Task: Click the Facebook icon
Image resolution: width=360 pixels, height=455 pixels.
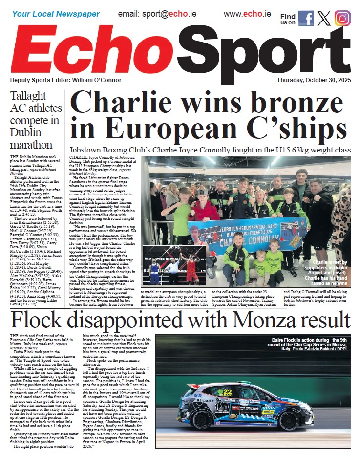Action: pyautogui.click(x=306, y=18)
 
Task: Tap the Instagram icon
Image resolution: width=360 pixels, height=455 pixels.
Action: pyautogui.click(x=342, y=18)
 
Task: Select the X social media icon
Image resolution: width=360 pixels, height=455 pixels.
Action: pyautogui.click(x=324, y=18)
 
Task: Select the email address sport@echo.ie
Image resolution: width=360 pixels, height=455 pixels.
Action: pyautogui.click(x=157, y=13)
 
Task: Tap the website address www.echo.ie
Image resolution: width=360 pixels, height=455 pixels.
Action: pyautogui.click(x=247, y=13)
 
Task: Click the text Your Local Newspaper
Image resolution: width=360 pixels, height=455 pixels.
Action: pyautogui.click(x=56, y=14)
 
